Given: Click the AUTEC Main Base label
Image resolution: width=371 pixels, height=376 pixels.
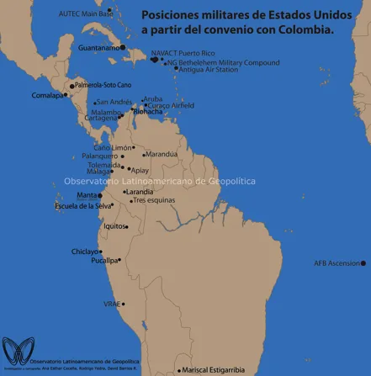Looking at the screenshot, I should click(86, 13).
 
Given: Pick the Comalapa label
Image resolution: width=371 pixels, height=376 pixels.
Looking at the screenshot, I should click(48, 95).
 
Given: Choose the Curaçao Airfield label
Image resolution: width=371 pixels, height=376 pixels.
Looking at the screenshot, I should click(171, 105).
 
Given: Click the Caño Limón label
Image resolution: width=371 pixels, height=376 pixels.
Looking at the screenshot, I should click(114, 147).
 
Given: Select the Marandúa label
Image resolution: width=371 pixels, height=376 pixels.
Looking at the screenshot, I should click(162, 154).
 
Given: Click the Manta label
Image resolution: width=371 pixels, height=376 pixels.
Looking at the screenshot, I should click(87, 195).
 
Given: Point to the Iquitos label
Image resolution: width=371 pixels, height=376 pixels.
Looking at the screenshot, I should click(114, 225).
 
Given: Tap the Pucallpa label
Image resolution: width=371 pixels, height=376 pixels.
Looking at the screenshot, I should click(105, 261).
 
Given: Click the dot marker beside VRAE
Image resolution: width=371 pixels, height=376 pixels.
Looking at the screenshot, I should click(124, 304).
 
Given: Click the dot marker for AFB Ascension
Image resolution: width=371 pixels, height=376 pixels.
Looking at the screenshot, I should click(363, 263).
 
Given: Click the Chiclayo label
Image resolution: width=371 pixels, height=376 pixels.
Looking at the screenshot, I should click(84, 251).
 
